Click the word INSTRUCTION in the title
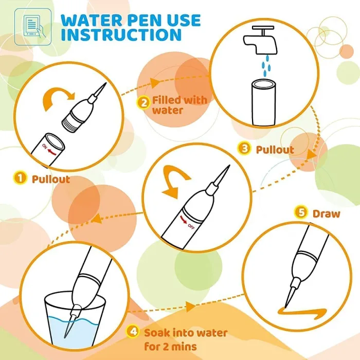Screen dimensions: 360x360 (x=121, y=34)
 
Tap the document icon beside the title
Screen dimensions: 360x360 (x=33, y=27)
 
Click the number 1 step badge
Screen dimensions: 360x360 (x=20, y=178)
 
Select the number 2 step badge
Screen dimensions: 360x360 (x=143, y=103)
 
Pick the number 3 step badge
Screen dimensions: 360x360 (x=244, y=148)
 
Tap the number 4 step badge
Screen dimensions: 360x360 (x=133, y=331)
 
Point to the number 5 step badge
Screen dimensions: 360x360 (x=301, y=212)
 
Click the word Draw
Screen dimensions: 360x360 (x=326, y=214)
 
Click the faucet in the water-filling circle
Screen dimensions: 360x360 (x=261, y=40)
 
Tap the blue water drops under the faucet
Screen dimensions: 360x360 (x=266, y=66)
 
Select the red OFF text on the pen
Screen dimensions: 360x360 (x=191, y=226)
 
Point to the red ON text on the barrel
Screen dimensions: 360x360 (x=45, y=147)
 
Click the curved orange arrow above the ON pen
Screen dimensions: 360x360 (x=58, y=98)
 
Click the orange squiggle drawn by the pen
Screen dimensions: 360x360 (x=302, y=312)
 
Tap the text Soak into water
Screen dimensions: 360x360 (x=186, y=333)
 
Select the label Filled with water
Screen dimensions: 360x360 (x=179, y=105)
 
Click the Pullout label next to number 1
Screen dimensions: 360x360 (x=51, y=179)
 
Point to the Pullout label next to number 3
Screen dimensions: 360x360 (x=275, y=150)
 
